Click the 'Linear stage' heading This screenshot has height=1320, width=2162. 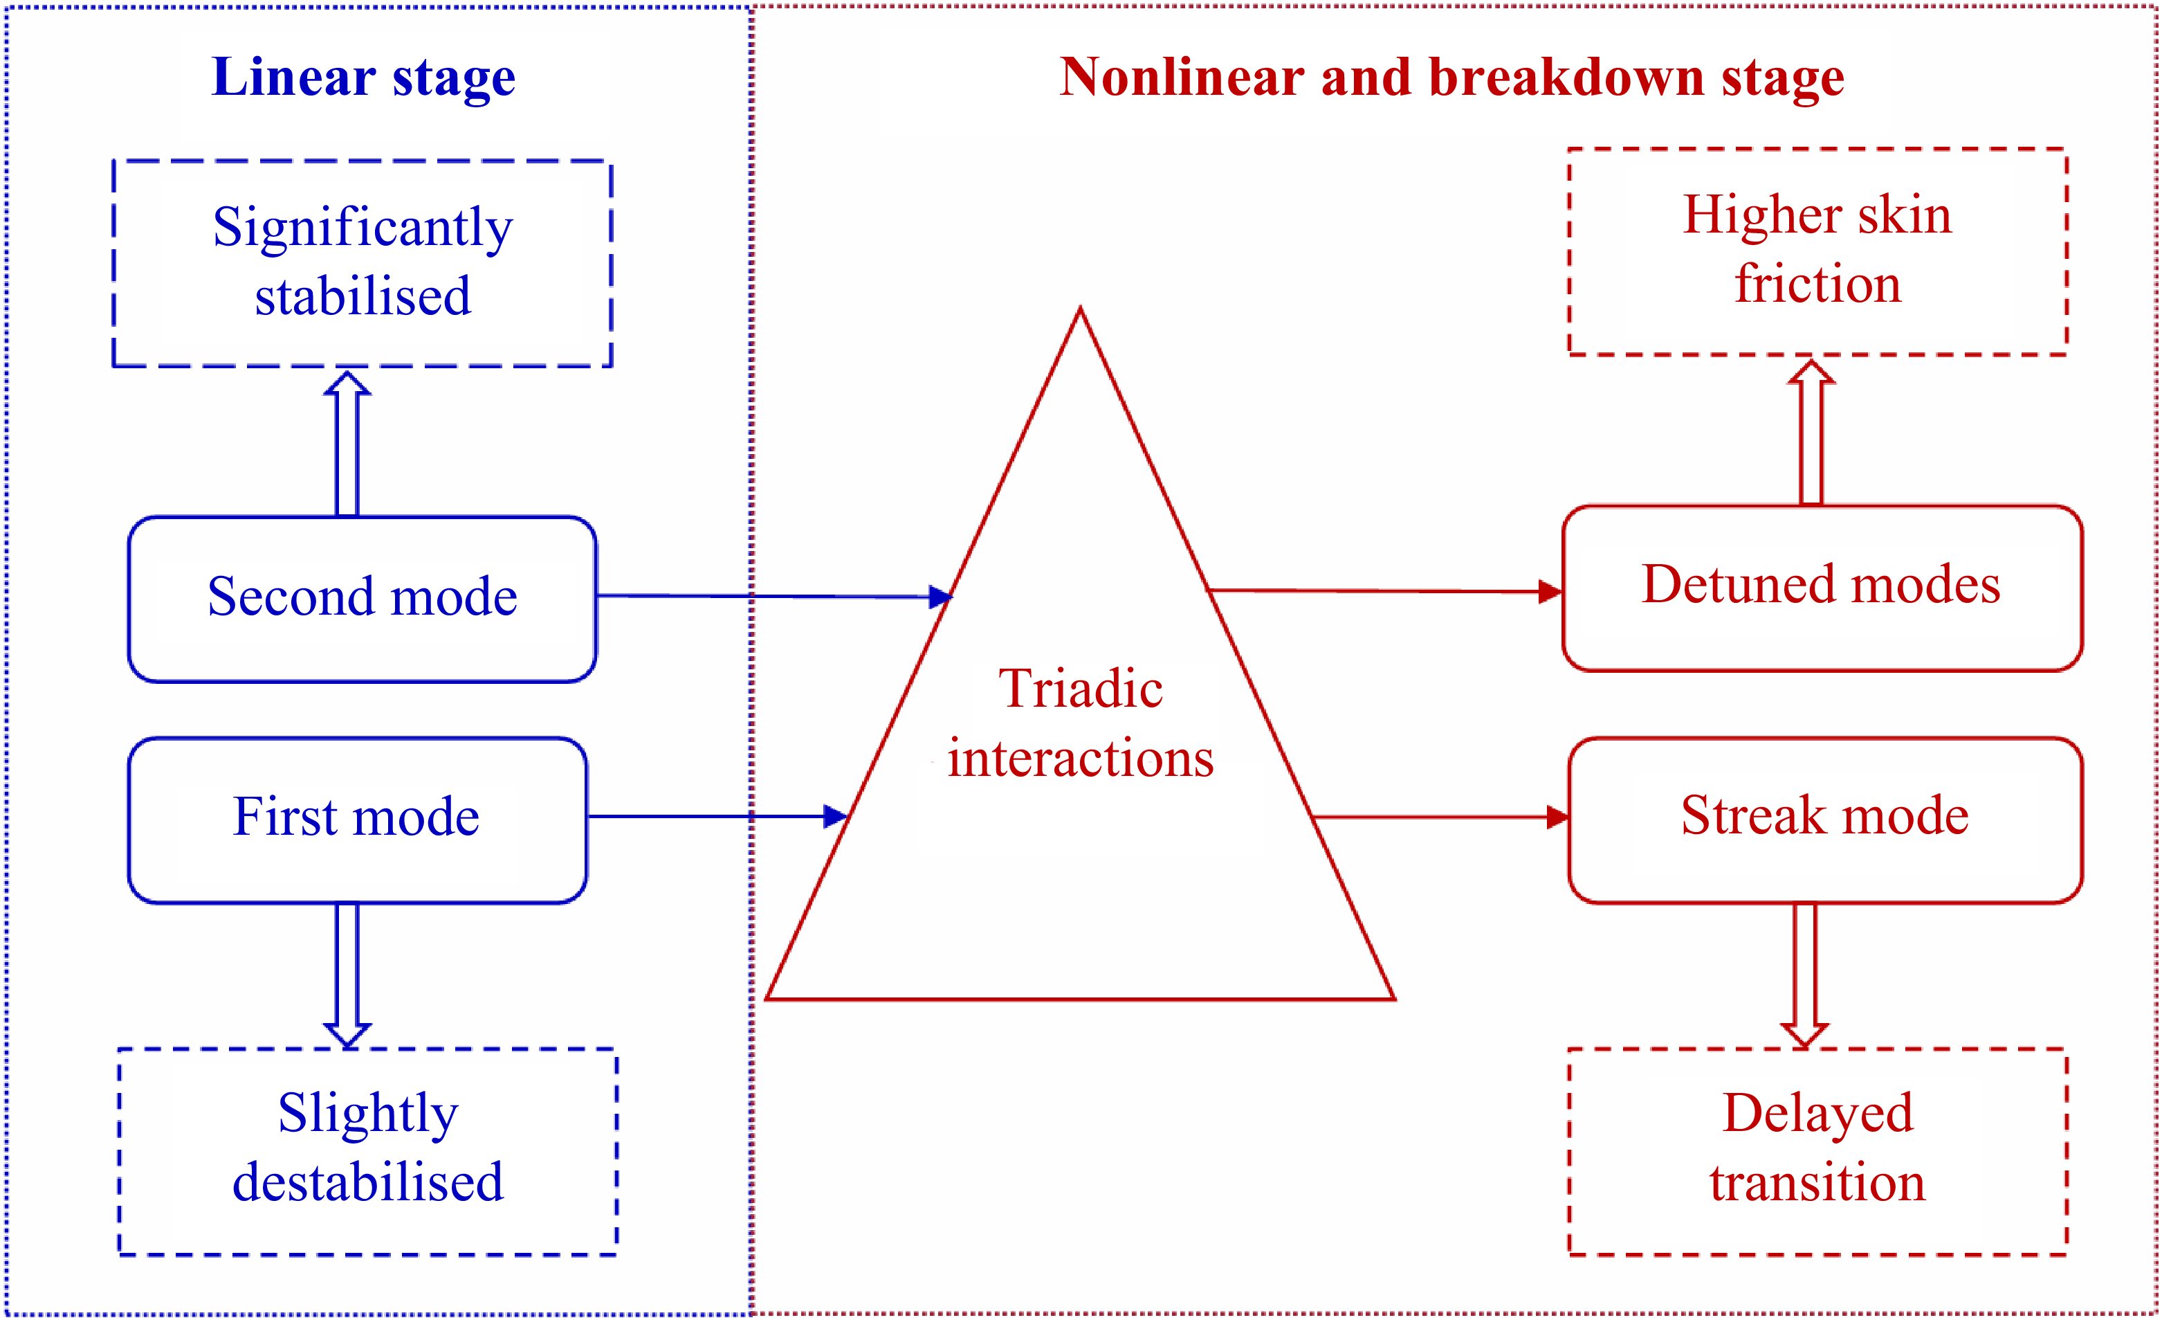(363, 78)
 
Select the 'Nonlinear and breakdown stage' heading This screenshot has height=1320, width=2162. (1451, 78)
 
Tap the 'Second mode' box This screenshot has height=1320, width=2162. (362, 599)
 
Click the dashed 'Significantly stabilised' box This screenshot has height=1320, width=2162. (362, 263)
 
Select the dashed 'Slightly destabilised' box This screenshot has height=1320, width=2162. (367, 1150)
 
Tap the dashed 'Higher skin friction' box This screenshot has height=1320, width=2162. (1817, 251)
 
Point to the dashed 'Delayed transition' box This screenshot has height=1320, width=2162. (1817, 1150)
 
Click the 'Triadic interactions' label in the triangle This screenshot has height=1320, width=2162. (1080, 723)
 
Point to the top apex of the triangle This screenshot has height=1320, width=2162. (1080, 309)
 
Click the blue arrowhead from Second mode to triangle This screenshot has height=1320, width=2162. (941, 597)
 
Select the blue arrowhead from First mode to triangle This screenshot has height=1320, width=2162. (834, 816)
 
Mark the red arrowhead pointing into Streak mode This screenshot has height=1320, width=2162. (1557, 817)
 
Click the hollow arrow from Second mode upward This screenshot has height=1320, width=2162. (347, 443)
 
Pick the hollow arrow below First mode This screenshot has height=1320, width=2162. (347, 974)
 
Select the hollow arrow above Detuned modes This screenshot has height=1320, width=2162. (1811, 432)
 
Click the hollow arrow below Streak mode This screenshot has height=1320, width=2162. (1805, 974)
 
